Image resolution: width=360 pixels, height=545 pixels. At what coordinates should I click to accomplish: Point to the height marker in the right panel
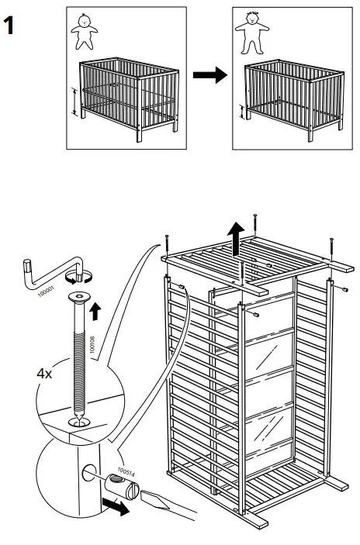(x=242, y=113)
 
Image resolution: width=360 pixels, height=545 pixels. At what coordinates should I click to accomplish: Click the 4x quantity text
(x=45, y=373)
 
